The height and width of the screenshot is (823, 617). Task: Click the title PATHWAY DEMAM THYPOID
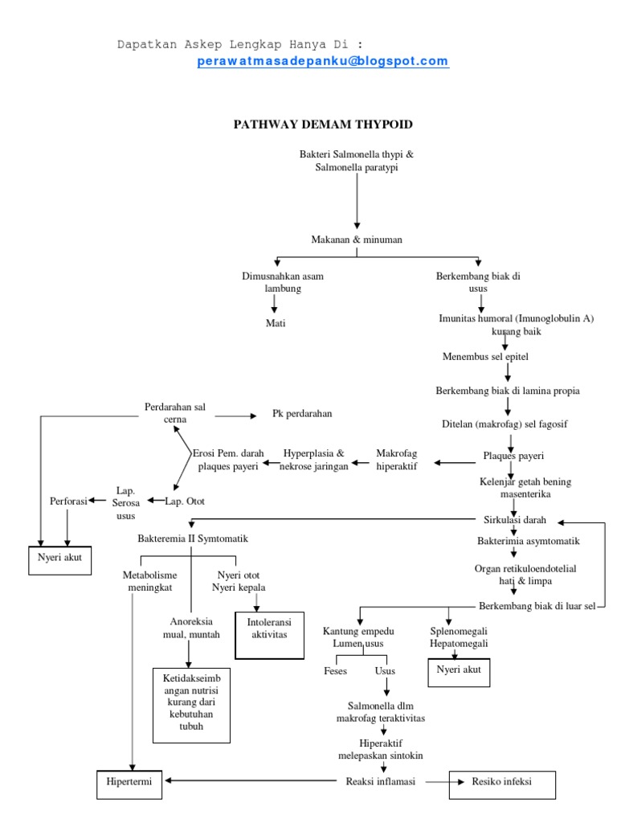pos(323,125)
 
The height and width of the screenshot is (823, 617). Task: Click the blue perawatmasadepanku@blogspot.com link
pos(322,62)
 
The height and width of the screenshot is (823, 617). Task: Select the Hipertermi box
pos(129,781)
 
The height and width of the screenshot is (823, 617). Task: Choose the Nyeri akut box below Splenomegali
pos(459,669)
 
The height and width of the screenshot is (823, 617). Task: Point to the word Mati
pos(276,323)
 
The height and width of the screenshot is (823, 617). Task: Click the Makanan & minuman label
pos(356,240)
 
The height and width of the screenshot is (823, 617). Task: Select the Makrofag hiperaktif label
pos(397,460)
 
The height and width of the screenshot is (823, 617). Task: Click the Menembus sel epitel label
pos(485,356)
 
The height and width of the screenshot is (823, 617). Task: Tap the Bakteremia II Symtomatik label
pos(192,538)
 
